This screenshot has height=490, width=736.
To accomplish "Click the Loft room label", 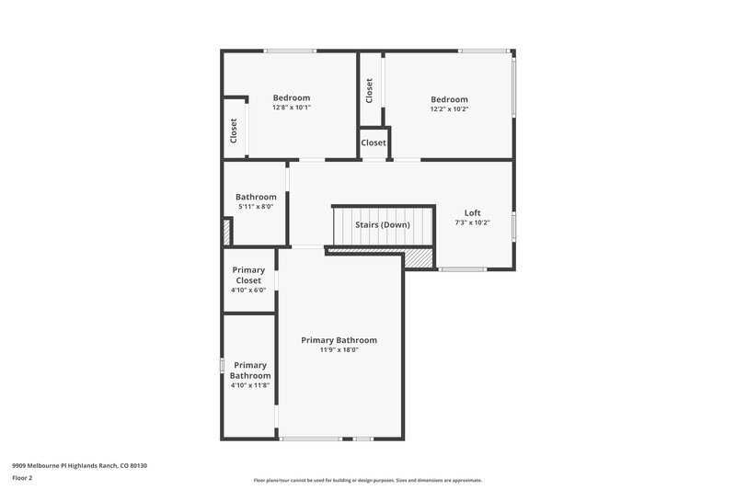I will click(x=472, y=212).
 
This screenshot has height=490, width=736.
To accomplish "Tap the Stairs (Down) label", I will click(x=383, y=224).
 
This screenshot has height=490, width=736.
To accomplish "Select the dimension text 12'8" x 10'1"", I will click(x=292, y=108).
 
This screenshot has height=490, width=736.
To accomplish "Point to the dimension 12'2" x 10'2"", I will click(x=449, y=109).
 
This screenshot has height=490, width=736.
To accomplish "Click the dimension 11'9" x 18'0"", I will click(x=339, y=349).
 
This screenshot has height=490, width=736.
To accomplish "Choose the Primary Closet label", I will click(x=247, y=275).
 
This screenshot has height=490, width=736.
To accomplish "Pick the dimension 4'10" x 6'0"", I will click(x=247, y=291).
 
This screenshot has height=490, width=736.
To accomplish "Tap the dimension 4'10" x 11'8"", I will click(x=249, y=385).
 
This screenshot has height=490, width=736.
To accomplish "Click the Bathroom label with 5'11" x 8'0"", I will click(x=255, y=197).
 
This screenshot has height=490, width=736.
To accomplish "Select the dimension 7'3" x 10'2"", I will click(x=472, y=222).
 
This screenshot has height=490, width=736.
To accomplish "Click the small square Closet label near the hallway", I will click(x=374, y=142).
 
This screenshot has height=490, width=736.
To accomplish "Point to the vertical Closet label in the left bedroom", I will click(x=234, y=131).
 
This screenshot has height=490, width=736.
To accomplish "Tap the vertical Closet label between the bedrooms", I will click(x=369, y=90).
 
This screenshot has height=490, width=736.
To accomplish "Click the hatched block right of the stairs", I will click(x=420, y=260).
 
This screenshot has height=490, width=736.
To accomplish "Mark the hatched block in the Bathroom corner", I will click(x=226, y=231).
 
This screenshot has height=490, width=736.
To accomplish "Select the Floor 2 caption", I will click(x=22, y=478).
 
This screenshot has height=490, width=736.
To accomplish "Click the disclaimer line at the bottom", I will click(x=367, y=480).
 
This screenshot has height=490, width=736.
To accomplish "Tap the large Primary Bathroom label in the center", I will click(x=339, y=340).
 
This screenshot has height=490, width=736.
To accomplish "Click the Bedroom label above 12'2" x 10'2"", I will click(x=449, y=99).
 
